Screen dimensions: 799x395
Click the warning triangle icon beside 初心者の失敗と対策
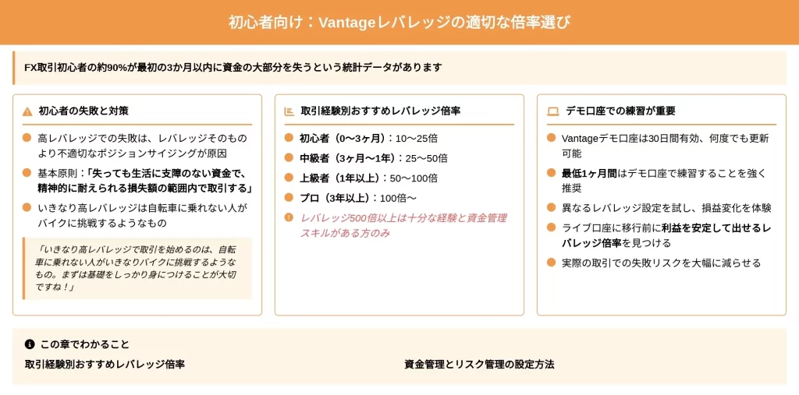click(x=27, y=111)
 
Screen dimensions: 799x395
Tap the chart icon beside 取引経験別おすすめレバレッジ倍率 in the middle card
click(x=289, y=111)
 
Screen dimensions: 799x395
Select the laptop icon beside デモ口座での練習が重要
click(x=552, y=111)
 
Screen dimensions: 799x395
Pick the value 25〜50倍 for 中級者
click(x=426, y=158)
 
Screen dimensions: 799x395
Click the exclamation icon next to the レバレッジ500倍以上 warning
click(x=289, y=218)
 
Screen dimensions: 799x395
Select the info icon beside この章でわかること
click(x=30, y=344)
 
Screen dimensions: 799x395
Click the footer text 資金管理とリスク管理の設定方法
click(x=479, y=365)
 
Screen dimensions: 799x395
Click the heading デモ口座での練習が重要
click(x=620, y=111)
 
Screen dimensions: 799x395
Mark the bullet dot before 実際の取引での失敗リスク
click(x=551, y=263)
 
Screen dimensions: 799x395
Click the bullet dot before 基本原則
click(x=27, y=173)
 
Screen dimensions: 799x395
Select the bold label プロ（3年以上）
click(x=337, y=198)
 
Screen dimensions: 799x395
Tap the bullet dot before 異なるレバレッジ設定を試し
click(x=551, y=208)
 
